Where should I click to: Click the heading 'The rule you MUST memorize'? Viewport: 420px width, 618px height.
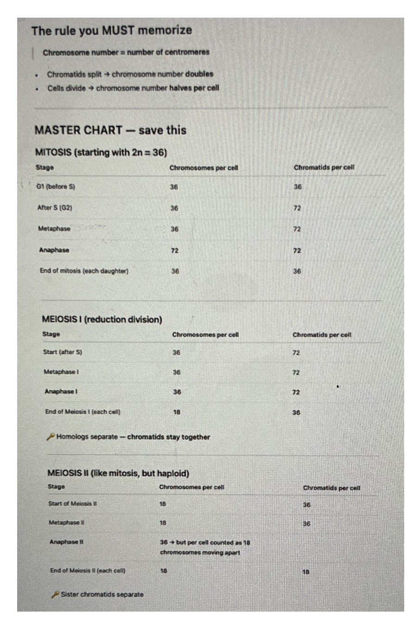point(111,31)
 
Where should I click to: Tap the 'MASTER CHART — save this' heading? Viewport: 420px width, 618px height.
point(110,130)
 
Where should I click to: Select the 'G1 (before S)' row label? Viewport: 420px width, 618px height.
point(56,187)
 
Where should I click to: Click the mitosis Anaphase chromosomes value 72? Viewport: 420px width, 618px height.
point(175,251)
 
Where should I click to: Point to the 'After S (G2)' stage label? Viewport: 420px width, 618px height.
point(55,208)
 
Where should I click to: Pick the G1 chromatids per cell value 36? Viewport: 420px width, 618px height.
point(298,187)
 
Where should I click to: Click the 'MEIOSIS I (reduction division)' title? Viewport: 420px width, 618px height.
point(102,320)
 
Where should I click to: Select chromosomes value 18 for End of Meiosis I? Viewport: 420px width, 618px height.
point(177,412)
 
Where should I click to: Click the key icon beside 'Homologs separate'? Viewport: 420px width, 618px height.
point(51,437)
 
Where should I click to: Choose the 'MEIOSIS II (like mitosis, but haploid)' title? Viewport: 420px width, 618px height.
point(118,473)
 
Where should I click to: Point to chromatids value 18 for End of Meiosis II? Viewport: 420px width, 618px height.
point(306,572)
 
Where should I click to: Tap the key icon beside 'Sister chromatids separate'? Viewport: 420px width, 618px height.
point(55,594)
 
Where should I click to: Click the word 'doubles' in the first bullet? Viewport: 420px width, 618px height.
point(199,74)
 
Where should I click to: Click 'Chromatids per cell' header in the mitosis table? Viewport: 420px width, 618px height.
point(324,167)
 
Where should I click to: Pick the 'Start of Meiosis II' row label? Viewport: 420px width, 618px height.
point(72,504)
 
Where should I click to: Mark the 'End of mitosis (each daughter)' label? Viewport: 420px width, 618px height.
point(84,271)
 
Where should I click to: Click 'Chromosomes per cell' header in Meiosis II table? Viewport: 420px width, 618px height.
point(191,488)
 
